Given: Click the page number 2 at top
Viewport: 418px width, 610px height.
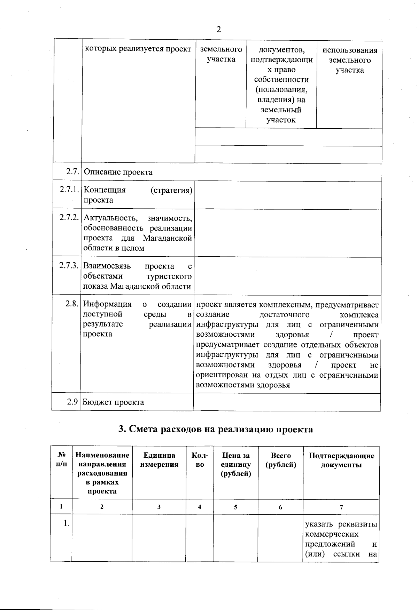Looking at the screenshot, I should pyautogui.click(x=219, y=29).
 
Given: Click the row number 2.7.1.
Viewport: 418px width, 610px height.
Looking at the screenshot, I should pyautogui.click(x=68, y=190).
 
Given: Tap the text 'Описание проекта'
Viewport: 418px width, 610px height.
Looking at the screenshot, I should pyautogui.click(x=118, y=172).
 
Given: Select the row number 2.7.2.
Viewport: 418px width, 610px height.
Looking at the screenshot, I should pyautogui.click(x=68, y=218).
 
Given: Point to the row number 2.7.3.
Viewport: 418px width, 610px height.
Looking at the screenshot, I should pyautogui.click(x=68, y=266).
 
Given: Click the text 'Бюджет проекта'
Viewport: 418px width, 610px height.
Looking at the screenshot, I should pyautogui.click(x=113, y=402).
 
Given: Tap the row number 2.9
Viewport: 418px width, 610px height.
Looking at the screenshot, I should pyautogui.click(x=72, y=402).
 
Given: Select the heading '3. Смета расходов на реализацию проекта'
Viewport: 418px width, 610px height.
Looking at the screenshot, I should pyautogui.click(x=216, y=429).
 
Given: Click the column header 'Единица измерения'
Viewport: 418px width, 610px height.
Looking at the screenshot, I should pyautogui.click(x=159, y=460).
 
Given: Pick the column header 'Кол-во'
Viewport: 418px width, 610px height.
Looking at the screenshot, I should pyautogui.click(x=200, y=460).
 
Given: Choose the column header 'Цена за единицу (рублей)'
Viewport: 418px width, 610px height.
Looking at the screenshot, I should pyautogui.click(x=236, y=464).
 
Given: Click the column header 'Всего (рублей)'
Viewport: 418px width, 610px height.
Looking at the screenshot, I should pyautogui.click(x=280, y=460).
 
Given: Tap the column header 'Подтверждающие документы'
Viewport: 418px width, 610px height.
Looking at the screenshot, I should pyautogui.click(x=341, y=460).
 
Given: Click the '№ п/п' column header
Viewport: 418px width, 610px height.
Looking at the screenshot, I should pyautogui.click(x=61, y=460).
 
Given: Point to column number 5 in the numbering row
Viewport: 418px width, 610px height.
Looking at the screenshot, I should pyautogui.click(x=235, y=507).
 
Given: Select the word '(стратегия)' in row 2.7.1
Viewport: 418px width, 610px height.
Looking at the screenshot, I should pyautogui.click(x=171, y=190).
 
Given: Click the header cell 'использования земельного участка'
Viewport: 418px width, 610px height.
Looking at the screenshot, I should pyautogui.click(x=350, y=60).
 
